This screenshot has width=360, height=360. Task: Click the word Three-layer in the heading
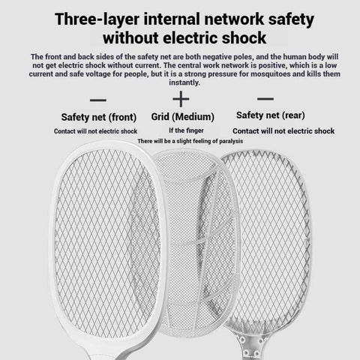coord(97,19)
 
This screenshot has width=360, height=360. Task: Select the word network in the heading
coord(234,19)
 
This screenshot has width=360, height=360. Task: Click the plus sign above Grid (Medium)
coord(181,99)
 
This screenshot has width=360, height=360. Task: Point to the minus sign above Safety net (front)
coord(98,100)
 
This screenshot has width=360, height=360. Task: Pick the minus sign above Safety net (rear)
coord(265,99)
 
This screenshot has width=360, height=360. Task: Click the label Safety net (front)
coord(99,117)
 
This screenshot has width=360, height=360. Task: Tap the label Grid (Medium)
coord(183,117)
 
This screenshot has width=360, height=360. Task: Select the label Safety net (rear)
coord(271,115)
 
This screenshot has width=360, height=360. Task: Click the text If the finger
coord(186,130)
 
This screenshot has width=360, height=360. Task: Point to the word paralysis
coord(231,141)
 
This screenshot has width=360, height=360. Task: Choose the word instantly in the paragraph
coord(184,82)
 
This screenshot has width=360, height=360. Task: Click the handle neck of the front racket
coord(100,353)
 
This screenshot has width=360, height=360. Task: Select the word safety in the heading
coord(291,20)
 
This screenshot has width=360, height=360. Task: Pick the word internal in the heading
coord(172,19)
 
